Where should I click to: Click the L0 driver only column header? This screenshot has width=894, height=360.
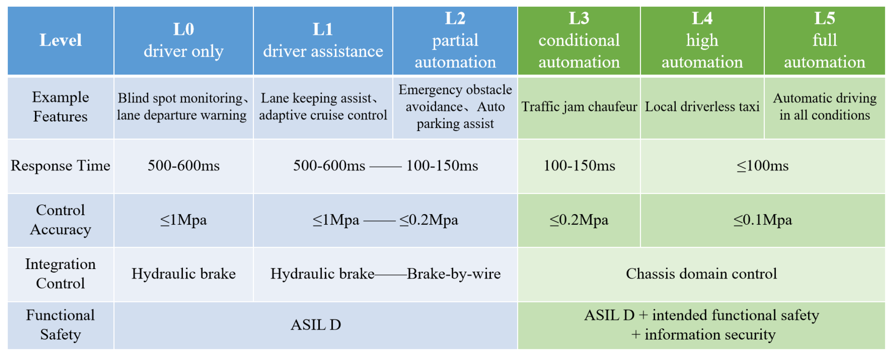(183, 40)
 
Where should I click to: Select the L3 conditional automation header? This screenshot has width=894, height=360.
(579, 40)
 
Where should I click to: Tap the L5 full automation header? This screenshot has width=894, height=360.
(824, 40)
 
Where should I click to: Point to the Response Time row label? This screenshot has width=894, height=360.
(60, 166)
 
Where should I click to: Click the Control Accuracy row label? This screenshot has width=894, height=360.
(60, 220)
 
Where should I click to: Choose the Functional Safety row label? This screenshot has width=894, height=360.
(60, 325)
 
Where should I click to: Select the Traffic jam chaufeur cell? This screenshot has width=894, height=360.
(579, 107)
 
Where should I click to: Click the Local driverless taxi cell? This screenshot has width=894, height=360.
(702, 107)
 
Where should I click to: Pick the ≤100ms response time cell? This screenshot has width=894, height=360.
(763, 166)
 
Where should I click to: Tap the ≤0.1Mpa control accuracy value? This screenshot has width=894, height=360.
(763, 220)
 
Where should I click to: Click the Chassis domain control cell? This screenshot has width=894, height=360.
(701, 274)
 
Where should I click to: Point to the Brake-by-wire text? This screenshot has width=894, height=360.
(453, 274)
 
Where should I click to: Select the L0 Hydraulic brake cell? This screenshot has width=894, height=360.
(183, 274)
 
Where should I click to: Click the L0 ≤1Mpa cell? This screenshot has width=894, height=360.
(183, 220)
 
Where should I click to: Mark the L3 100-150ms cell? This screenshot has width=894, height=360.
(579, 166)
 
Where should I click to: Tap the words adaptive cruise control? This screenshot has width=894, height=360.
(323, 115)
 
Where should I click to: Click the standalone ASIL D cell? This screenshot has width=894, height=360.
(315, 325)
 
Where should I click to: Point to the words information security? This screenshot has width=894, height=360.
(710, 335)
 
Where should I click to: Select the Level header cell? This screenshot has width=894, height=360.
(60, 40)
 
